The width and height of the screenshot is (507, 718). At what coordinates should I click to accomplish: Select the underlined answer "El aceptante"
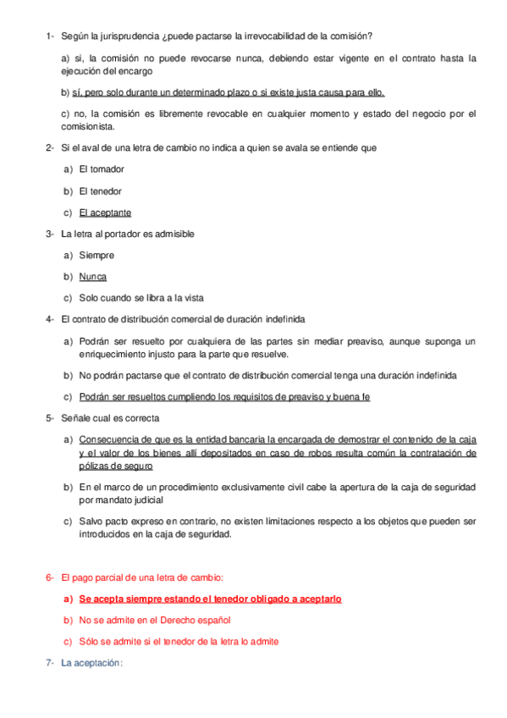point(105,213)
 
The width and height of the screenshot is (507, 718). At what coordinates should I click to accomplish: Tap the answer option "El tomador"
point(101,169)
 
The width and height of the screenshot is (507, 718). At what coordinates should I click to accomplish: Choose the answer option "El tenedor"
point(100,191)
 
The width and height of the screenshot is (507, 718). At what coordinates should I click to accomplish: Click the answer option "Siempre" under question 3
point(96,255)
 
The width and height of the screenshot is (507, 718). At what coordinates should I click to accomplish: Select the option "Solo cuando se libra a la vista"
point(141,298)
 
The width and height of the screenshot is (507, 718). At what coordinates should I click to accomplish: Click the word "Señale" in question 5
point(76,418)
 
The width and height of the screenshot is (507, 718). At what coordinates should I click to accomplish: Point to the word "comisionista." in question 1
point(88,127)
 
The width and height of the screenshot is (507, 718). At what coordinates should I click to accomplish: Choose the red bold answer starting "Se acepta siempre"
point(210,599)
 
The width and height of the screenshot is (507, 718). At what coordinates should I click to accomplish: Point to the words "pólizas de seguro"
point(116,467)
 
